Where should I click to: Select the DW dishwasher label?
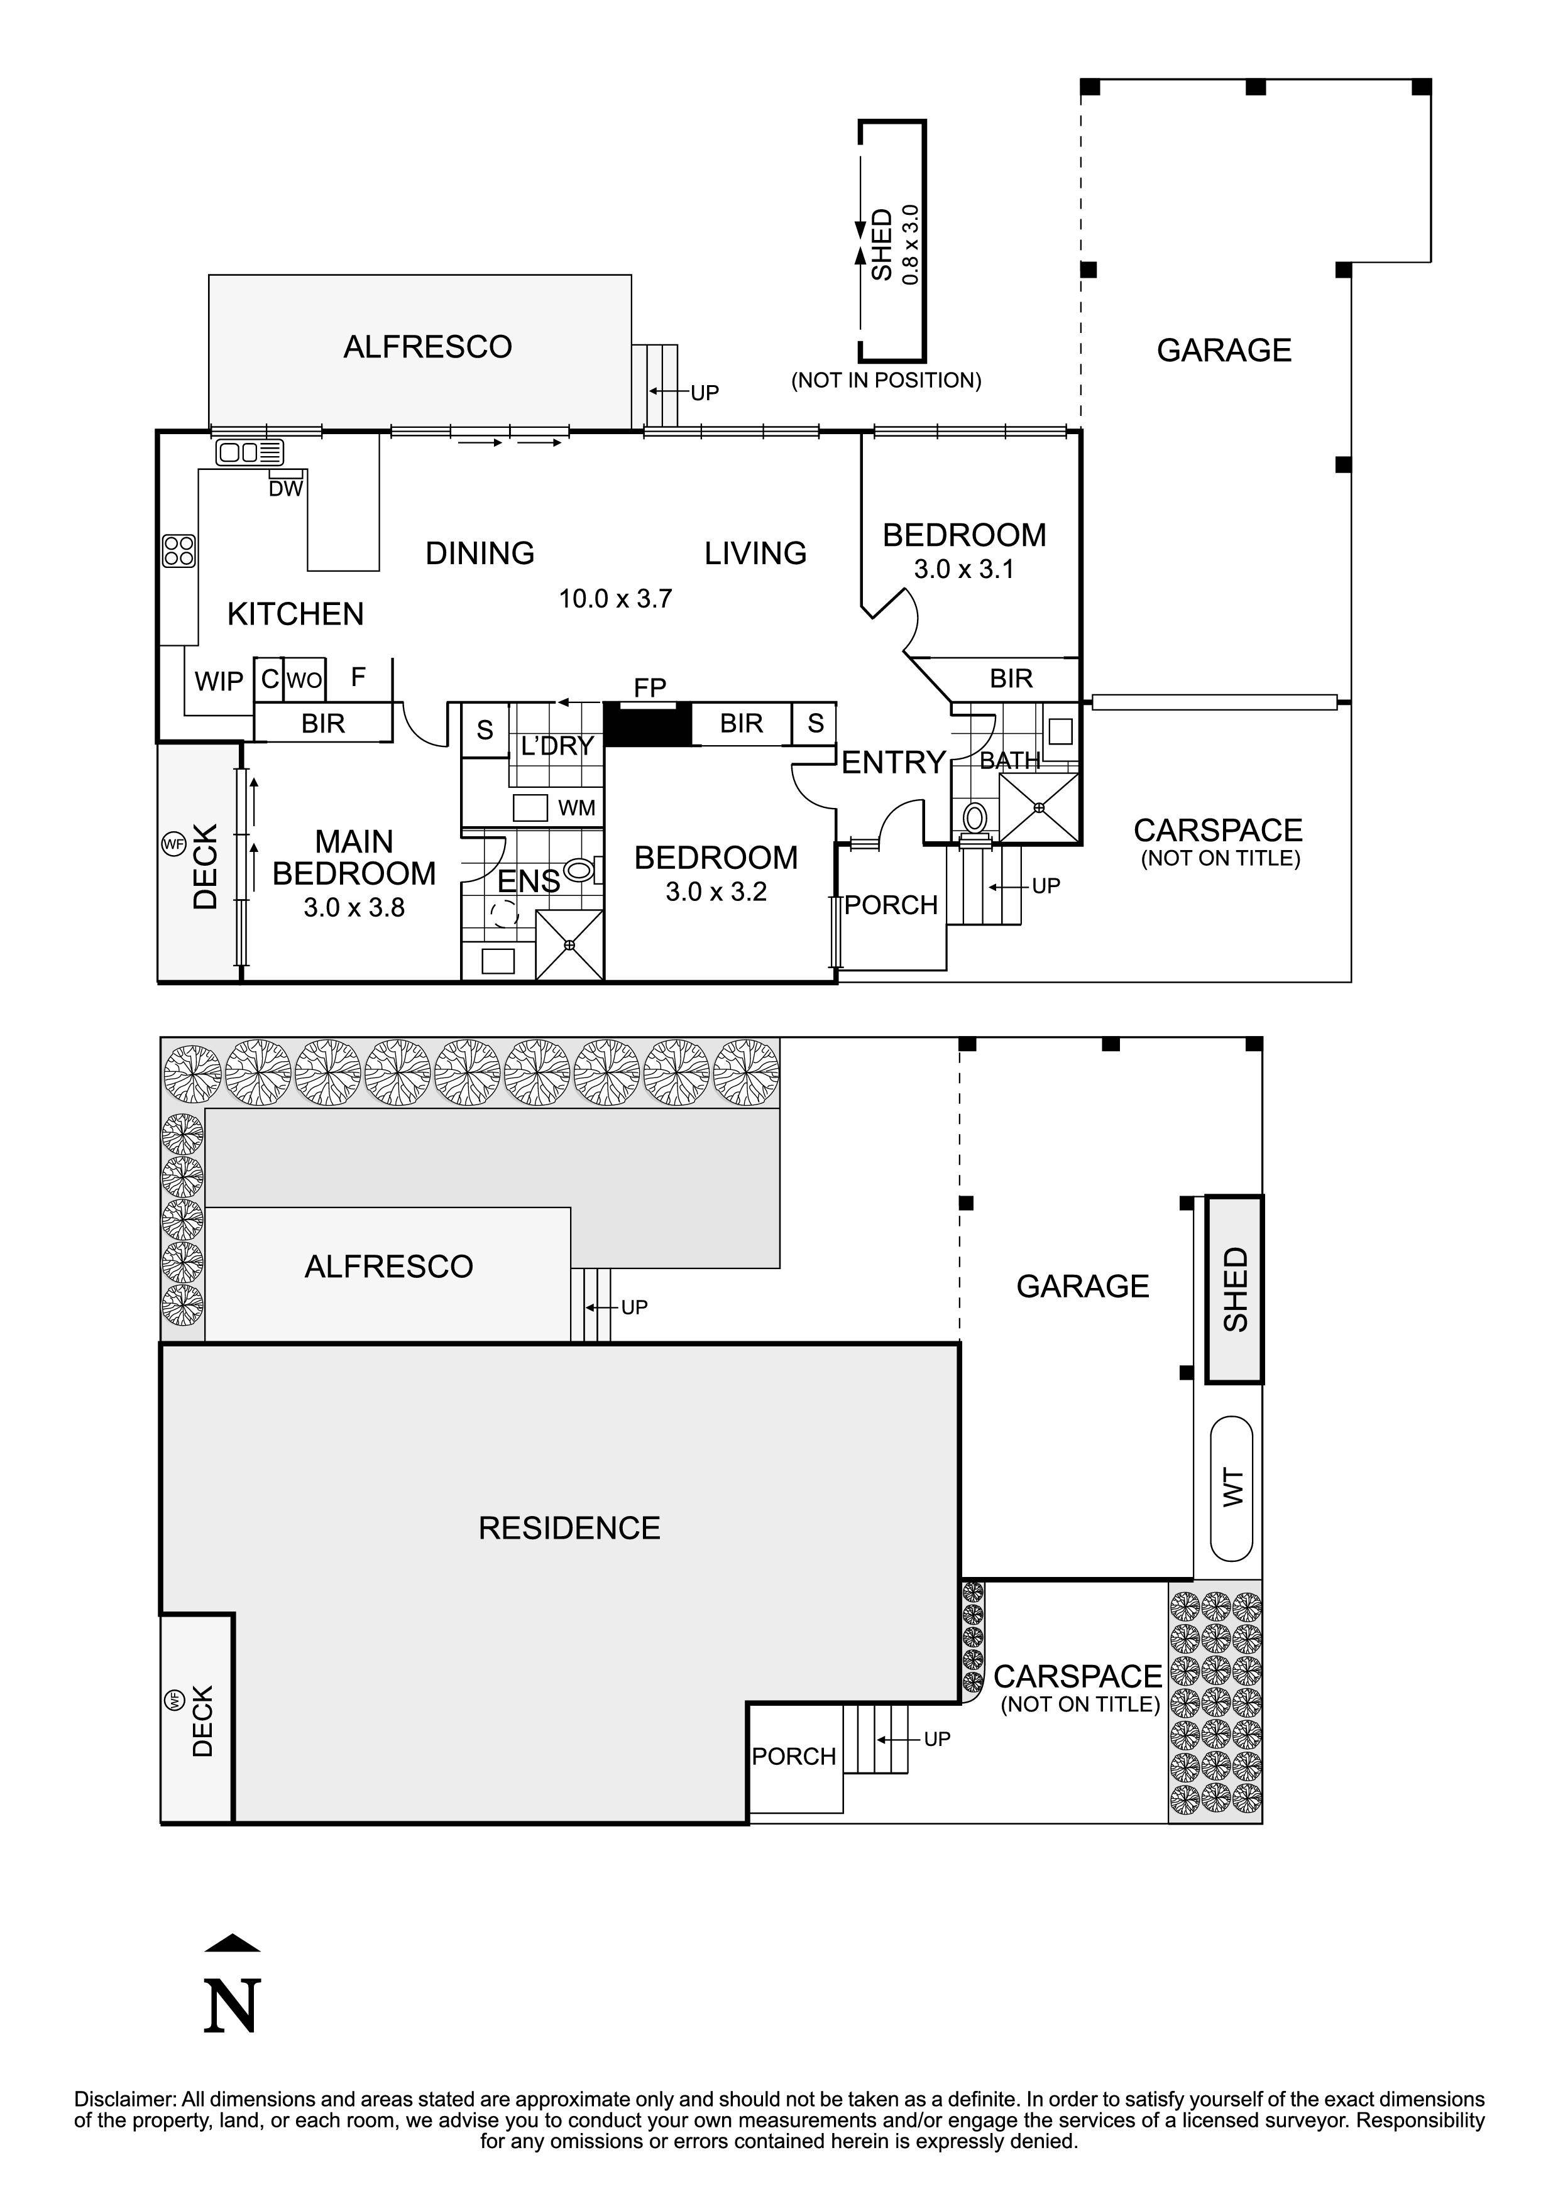(x=285, y=489)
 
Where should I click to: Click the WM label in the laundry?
(x=576, y=808)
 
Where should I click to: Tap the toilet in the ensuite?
(x=579, y=871)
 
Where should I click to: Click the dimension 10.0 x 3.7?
(x=615, y=599)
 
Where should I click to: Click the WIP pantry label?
(x=219, y=682)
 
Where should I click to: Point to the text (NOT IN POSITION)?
(x=885, y=380)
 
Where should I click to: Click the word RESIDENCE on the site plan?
(x=569, y=1528)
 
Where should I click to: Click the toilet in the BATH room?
(x=974, y=819)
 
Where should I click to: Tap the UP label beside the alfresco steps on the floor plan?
(x=705, y=393)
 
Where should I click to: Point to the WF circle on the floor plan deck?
(x=173, y=845)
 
